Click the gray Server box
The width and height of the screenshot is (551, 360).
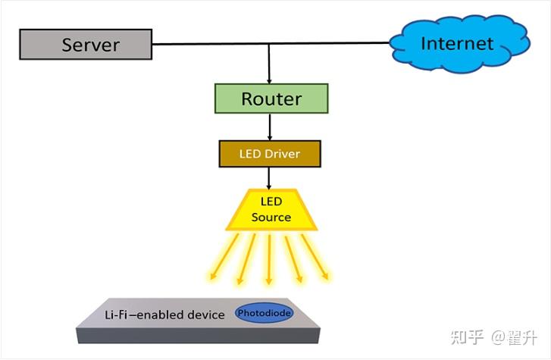pos(85,44)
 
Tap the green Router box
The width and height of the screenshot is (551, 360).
pos(271,99)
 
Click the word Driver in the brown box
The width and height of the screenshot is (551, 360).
pos(282,154)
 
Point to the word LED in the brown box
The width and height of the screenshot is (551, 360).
pos(250,154)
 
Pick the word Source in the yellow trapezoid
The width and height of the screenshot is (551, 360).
pos(271,218)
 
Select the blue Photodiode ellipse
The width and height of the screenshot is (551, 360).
pos(264,313)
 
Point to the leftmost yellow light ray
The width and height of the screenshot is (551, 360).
pos(224,257)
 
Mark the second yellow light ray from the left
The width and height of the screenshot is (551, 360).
pos(247,260)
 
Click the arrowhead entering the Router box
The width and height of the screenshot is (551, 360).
pos(270,80)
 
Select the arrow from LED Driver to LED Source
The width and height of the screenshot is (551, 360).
pos(270,177)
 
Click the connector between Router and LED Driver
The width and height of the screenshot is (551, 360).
pos(270,127)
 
